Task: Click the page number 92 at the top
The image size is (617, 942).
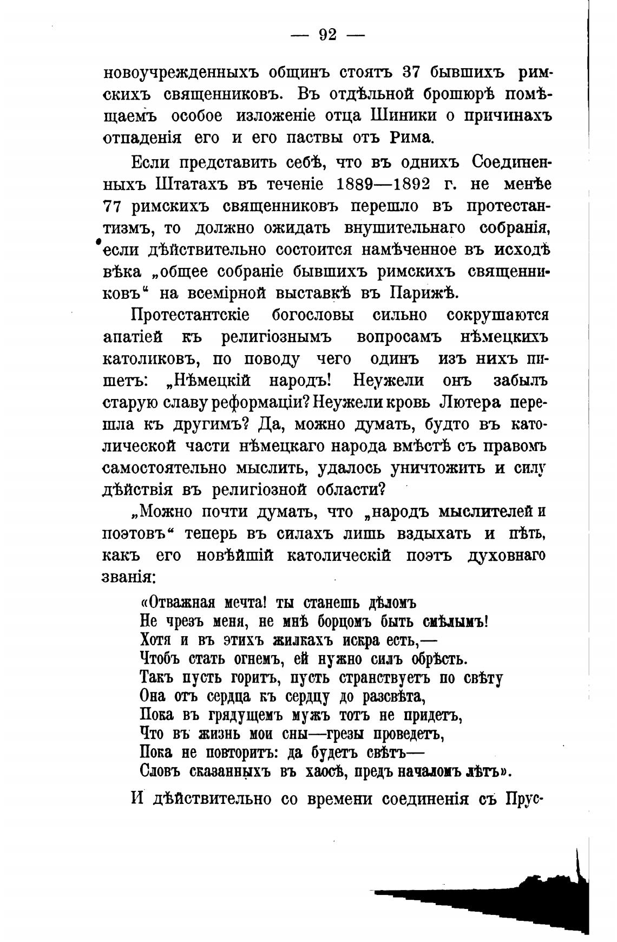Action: tap(328, 35)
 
